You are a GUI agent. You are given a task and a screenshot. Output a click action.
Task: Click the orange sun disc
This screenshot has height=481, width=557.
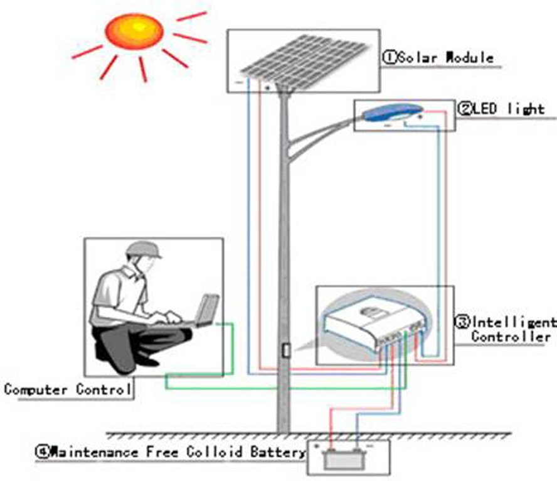pyautogui.click(x=134, y=31)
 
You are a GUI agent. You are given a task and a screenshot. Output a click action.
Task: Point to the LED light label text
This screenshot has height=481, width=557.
pyautogui.click(x=508, y=109)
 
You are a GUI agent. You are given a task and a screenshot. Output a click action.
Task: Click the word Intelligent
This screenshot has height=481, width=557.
pyautogui.click(x=513, y=323)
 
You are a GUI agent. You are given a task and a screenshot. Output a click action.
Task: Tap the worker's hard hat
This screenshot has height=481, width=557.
pyautogui.click(x=142, y=249)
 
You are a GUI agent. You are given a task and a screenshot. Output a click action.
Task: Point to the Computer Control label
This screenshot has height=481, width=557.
pyautogui.click(x=68, y=389)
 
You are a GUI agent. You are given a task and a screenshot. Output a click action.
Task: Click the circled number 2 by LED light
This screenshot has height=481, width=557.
pyautogui.click(x=465, y=109)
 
